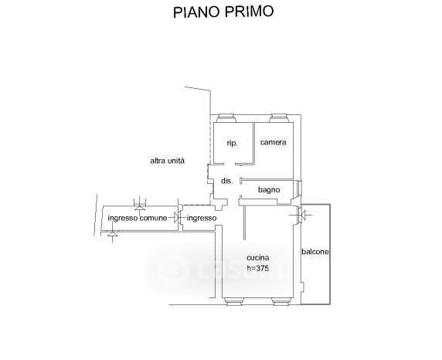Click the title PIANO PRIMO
click(x=223, y=12)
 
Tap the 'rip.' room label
click(x=232, y=143)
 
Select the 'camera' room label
click(x=273, y=142)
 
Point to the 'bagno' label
click(x=269, y=190)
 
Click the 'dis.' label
click(x=227, y=181)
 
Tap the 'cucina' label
click(x=257, y=258)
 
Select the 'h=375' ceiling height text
click(x=257, y=268)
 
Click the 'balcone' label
click(x=315, y=252)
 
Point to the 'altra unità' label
click(x=168, y=161)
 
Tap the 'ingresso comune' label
click(x=138, y=218)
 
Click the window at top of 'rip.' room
click(x=226, y=118)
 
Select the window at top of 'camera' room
click(x=278, y=118)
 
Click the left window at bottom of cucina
click(x=233, y=301)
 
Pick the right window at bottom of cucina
click(x=280, y=301)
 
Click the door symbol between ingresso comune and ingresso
click(x=177, y=218)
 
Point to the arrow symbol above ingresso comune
click(x=140, y=205)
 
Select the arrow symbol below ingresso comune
click(x=113, y=233)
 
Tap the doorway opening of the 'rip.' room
click(x=229, y=164)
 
